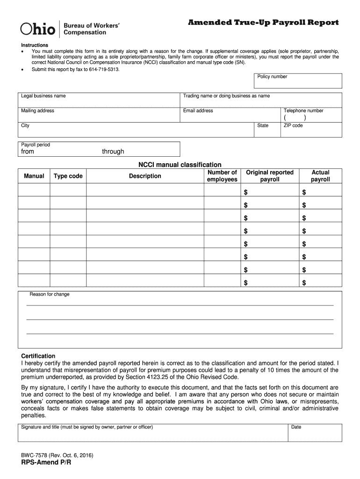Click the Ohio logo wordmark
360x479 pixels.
(x=37, y=29)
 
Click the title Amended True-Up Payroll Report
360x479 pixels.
(x=263, y=23)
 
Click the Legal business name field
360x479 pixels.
(x=99, y=100)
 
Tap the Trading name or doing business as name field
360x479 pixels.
(x=261, y=100)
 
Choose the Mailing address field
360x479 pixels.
(x=99, y=115)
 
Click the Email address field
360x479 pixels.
(x=230, y=115)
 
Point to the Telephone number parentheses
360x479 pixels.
(x=295, y=118)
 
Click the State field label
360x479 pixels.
(x=263, y=125)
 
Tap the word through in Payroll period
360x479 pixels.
(x=113, y=152)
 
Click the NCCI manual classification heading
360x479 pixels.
(x=180, y=165)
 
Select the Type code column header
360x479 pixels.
(x=68, y=176)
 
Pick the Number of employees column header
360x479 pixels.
(x=222, y=176)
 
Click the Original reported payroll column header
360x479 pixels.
(x=270, y=176)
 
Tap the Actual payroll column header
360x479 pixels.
(x=320, y=176)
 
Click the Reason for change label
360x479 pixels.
(x=50, y=294)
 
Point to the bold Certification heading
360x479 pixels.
(x=38, y=356)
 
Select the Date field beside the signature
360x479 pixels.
(x=315, y=433)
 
